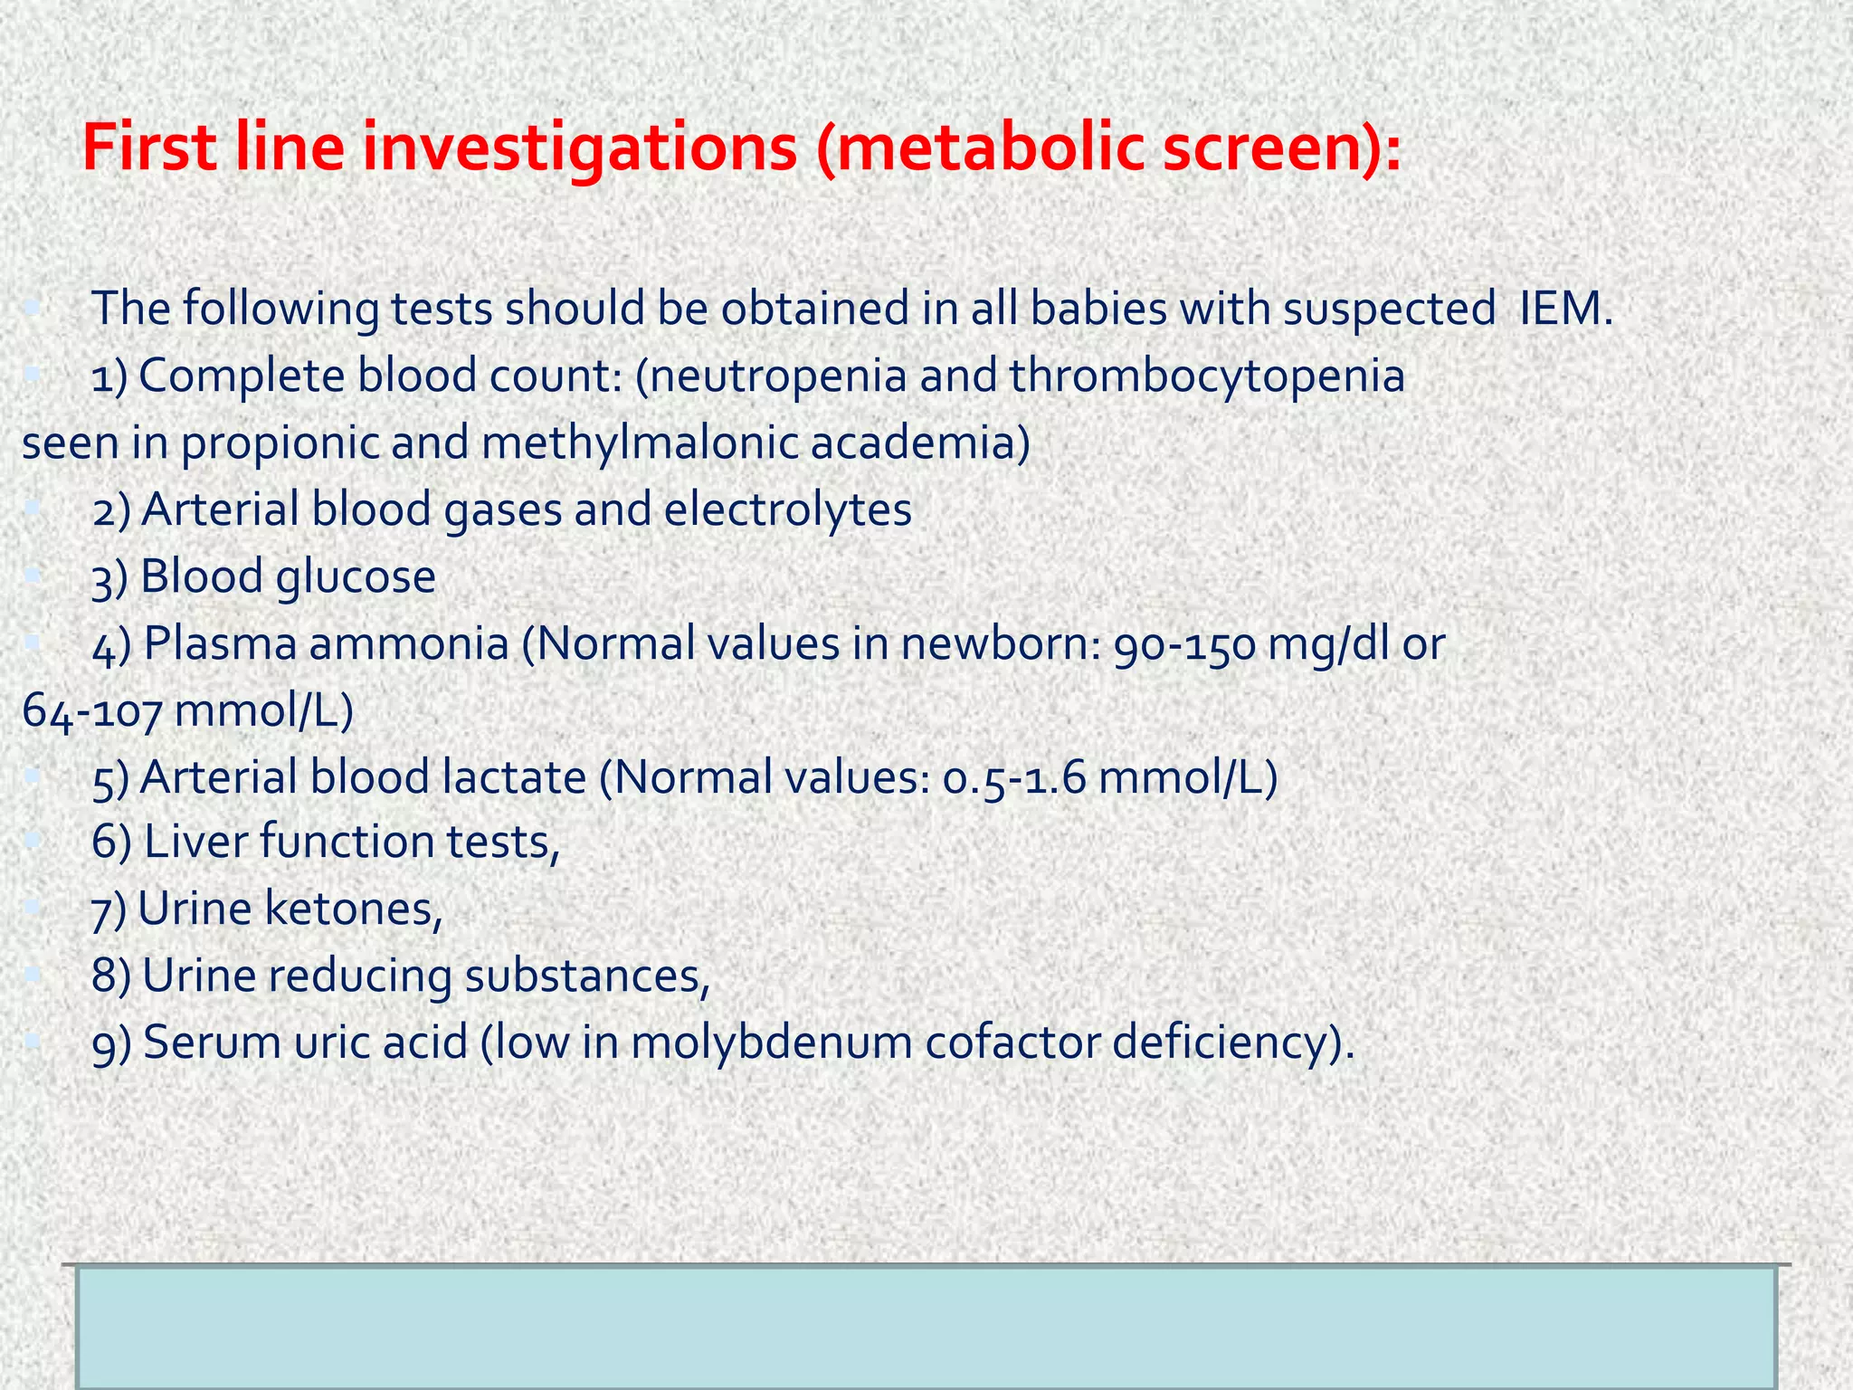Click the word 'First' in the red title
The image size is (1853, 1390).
click(148, 148)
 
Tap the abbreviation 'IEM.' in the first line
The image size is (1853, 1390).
click(1566, 309)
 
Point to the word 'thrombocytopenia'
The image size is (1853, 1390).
click(1207, 376)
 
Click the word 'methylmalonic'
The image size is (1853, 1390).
click(638, 443)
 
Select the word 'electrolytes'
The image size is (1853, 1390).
click(787, 509)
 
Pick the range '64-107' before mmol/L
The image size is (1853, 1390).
click(91, 711)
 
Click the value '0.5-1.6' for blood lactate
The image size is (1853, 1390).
click(1013, 777)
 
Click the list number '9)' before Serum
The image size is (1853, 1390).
click(112, 1043)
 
